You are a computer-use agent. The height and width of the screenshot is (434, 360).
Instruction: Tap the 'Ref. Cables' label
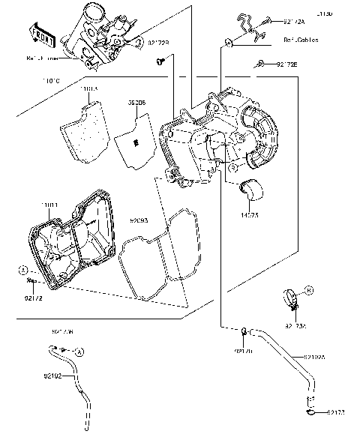pyautogui.click(x=300, y=40)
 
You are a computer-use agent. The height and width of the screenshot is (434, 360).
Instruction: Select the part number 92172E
pyautogui.click(x=286, y=65)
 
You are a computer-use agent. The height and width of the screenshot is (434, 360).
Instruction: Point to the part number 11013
pyautogui.click(x=88, y=88)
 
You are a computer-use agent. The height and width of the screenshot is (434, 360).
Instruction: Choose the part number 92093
pyautogui.click(x=139, y=222)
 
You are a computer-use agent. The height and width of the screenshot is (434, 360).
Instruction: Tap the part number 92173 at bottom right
pyautogui.click(x=336, y=412)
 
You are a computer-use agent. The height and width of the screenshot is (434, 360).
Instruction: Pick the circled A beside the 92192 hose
pyautogui.click(x=79, y=351)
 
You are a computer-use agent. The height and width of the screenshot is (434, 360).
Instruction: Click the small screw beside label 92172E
pyautogui.click(x=259, y=65)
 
